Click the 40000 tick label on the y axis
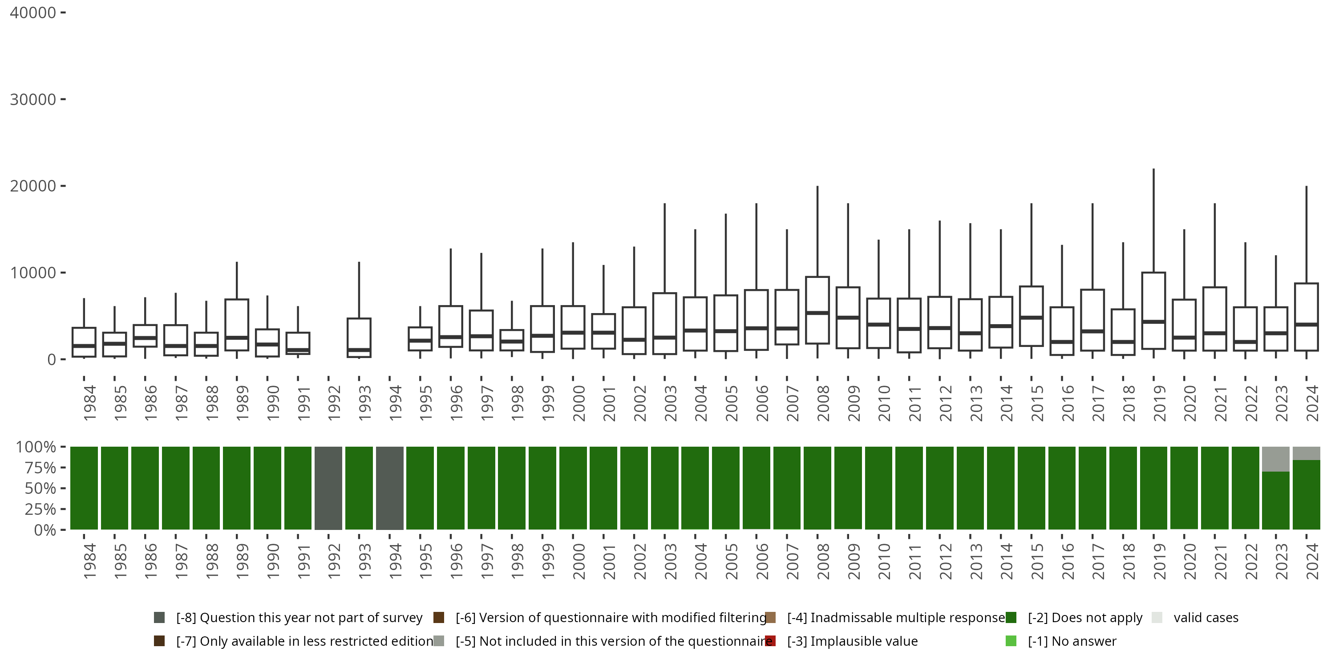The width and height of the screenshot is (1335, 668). click(32, 13)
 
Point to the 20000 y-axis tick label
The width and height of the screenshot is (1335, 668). click(32, 186)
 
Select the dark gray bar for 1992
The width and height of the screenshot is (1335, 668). click(328, 488)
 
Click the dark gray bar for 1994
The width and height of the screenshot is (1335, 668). click(390, 488)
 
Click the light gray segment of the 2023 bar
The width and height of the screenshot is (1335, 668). click(1275, 459)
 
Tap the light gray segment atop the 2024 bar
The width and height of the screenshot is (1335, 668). click(1306, 453)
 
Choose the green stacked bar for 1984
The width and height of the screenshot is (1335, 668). click(84, 488)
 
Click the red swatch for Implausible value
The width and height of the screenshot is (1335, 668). click(771, 641)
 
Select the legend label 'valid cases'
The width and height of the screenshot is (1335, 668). click(1206, 618)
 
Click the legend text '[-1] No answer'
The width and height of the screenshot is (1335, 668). click(1072, 641)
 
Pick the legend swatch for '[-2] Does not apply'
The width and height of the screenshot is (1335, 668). click(1011, 618)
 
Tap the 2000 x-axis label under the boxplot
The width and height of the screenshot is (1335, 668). click(578, 403)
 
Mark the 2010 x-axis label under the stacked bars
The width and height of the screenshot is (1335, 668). click(884, 561)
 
